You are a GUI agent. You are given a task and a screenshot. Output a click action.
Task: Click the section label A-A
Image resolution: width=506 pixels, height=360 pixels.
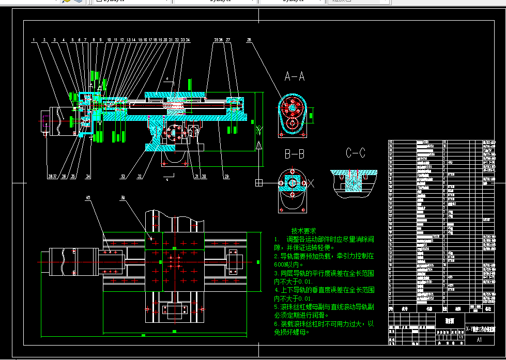pos(294,77)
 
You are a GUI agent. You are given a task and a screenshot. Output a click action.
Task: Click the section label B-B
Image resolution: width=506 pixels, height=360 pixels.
pos(294,153)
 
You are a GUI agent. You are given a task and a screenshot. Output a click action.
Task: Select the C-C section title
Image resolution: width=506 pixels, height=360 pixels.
pos(355,153)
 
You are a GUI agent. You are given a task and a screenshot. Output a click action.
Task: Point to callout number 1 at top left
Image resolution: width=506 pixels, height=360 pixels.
pos(33,40)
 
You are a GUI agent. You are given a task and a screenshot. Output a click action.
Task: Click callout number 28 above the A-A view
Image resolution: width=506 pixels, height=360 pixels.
pos(249,40)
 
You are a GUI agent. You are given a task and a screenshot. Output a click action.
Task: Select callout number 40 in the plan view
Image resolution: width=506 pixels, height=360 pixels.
pos(88,198)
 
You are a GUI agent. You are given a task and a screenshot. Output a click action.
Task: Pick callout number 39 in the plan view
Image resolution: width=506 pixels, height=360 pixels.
pos(122,198)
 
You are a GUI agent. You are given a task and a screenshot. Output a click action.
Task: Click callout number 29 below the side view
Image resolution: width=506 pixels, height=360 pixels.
pos(226,177)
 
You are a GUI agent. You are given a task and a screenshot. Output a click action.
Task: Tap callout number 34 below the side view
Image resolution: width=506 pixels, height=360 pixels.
pos(88,177)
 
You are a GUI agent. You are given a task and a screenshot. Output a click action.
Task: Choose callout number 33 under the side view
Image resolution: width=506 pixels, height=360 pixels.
pos(122,177)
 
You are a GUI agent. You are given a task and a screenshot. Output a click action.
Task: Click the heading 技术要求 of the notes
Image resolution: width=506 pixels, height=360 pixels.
pos(303,231)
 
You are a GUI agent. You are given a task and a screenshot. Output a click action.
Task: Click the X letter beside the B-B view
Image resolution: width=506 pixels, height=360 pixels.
pos(311,182)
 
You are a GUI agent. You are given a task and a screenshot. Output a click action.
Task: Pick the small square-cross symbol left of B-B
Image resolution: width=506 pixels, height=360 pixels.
pos(258,182)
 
